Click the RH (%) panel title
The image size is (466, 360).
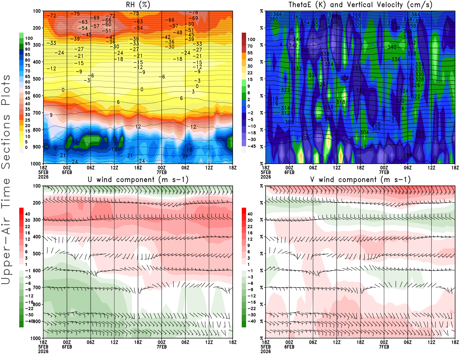(x=138, y=5)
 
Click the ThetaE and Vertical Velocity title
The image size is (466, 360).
(x=360, y=5)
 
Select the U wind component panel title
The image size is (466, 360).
(x=138, y=180)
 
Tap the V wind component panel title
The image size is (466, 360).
(x=360, y=180)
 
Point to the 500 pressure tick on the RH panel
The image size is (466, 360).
(x=37, y=79)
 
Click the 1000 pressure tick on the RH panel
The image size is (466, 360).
(x=36, y=164)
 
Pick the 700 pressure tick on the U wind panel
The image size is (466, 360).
(x=37, y=287)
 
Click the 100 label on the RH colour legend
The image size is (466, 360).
(x=29, y=38)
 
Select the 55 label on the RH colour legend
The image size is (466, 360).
(x=27, y=87)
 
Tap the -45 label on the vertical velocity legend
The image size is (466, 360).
(x=251, y=146)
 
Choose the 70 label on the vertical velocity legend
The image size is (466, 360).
(x=250, y=46)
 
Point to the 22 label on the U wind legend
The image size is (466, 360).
(x=27, y=227)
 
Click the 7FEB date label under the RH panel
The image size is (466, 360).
(x=162, y=172)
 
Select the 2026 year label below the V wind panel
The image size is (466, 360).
(x=266, y=351)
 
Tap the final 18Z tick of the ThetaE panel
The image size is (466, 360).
(x=455, y=168)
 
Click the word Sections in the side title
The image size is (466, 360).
(x=6, y=141)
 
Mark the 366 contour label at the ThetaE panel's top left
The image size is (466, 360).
(x=278, y=14)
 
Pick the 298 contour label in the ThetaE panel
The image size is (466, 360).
(x=408, y=155)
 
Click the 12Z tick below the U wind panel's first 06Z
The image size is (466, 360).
(x=114, y=342)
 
